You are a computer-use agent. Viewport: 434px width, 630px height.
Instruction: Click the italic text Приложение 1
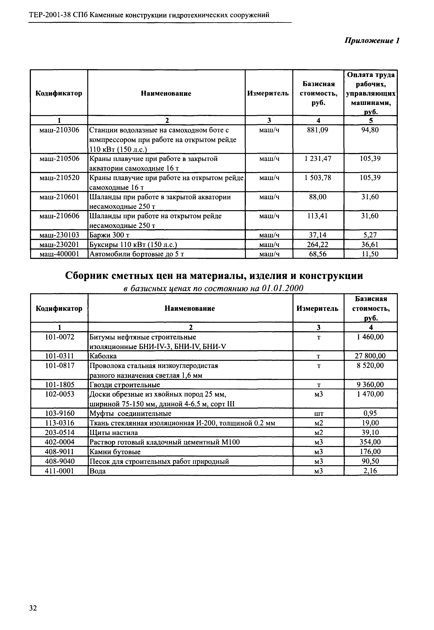[x=372, y=41]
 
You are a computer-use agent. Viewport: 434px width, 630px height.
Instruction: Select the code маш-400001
[x=59, y=254]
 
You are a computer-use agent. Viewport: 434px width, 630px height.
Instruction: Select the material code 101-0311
[x=59, y=356]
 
